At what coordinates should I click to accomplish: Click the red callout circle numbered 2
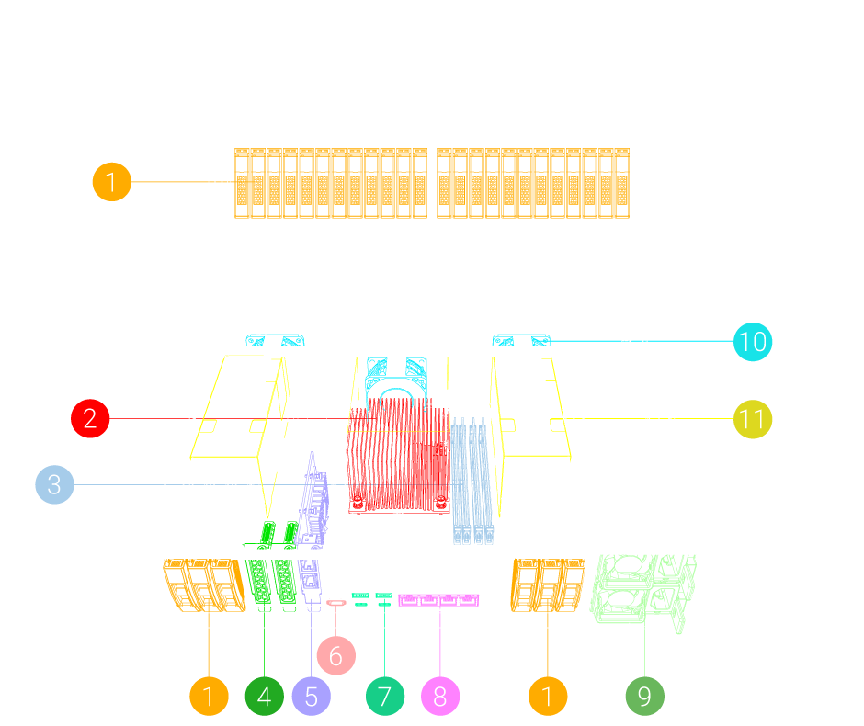[x=90, y=419]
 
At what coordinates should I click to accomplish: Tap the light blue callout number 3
[x=54, y=484]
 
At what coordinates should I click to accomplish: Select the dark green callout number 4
[x=265, y=697]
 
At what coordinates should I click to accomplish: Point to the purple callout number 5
[x=311, y=697]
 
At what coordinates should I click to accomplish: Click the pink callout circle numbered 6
[x=335, y=655]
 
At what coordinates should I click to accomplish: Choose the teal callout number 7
[x=384, y=697]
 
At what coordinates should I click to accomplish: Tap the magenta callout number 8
[x=440, y=697]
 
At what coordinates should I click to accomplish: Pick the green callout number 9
[x=644, y=697]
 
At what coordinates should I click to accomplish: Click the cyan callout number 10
[x=753, y=342]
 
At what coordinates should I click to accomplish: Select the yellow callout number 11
[x=753, y=420]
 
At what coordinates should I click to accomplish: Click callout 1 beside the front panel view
[x=111, y=182]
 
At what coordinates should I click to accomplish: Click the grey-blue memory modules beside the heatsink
[x=472, y=478]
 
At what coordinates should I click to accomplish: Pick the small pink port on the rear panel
[x=336, y=603]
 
